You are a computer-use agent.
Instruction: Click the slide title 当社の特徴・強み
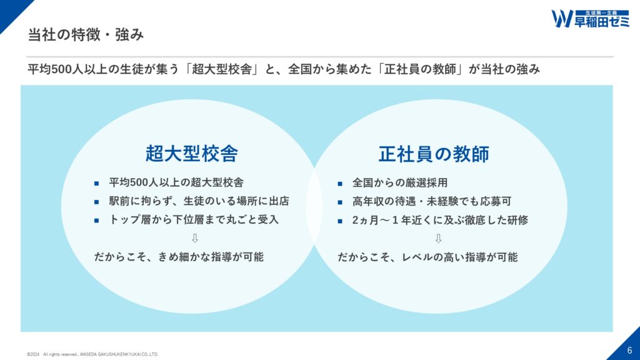coord(86,35)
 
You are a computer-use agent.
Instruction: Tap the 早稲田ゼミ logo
coord(590,19)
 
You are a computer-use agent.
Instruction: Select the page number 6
coord(629,350)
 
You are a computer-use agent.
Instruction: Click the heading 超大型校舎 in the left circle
coord(192,154)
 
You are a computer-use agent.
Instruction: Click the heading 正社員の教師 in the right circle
coord(434,154)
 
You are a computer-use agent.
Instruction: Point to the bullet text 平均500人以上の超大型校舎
coord(176,182)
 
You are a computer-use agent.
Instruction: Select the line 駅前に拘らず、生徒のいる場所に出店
coord(199,201)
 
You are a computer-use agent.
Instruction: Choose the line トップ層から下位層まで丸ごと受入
coord(194,219)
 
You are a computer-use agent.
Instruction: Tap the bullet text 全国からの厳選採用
coord(400,182)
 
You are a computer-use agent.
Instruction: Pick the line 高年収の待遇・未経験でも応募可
coord(432,201)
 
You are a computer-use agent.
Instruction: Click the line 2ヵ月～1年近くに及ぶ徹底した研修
coord(440,220)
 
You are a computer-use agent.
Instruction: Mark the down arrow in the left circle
coord(195,238)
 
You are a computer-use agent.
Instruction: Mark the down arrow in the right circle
coord(438,238)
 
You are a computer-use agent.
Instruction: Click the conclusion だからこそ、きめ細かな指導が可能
coord(179,257)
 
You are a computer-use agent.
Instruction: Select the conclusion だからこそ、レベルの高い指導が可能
coord(427,257)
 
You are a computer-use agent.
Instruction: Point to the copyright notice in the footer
coord(92,354)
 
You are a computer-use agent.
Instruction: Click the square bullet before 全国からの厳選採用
coord(340,184)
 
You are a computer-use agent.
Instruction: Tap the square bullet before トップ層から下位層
coord(96,221)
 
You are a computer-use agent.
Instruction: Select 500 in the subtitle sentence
coord(62,69)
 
